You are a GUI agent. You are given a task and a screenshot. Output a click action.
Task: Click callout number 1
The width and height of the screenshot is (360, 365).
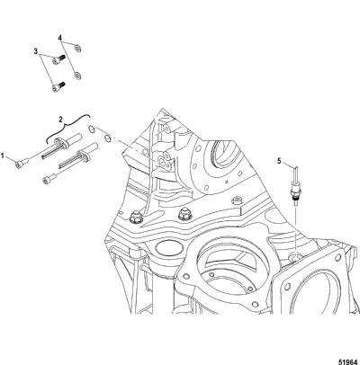pos(3,156)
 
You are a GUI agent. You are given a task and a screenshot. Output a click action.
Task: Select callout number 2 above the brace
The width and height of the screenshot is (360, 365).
pos(60,120)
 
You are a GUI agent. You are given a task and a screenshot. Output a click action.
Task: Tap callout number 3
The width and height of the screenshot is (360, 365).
pos(36,51)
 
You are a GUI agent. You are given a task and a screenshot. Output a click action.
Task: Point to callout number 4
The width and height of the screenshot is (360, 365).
pos(60,38)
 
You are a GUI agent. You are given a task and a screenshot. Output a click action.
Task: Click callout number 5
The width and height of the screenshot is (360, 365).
pos(279,161)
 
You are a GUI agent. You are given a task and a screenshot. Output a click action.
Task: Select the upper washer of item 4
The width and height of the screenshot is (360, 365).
pos(77,48)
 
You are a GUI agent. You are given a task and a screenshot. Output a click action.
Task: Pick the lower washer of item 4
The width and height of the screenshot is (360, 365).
pos(77,76)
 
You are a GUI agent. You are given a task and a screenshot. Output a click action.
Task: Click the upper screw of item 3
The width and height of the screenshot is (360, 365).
pos(58,59)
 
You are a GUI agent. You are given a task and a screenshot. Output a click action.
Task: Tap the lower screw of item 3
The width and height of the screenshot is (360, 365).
pos(58,86)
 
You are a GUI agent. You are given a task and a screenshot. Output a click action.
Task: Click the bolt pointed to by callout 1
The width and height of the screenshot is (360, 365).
pos(22,162)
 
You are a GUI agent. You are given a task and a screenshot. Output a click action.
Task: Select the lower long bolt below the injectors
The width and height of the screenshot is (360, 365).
pos(49,178)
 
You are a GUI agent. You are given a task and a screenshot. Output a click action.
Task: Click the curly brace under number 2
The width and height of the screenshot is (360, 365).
pos(67,128)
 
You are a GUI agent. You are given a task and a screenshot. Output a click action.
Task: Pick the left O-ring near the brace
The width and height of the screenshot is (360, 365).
pos(92,129)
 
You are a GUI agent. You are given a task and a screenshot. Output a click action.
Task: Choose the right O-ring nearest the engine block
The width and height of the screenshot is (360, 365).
pos(107,138)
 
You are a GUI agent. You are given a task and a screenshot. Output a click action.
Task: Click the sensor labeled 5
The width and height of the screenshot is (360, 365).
pos(295,186)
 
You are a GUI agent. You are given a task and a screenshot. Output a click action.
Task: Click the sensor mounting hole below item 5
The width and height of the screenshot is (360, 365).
pos(294,256)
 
